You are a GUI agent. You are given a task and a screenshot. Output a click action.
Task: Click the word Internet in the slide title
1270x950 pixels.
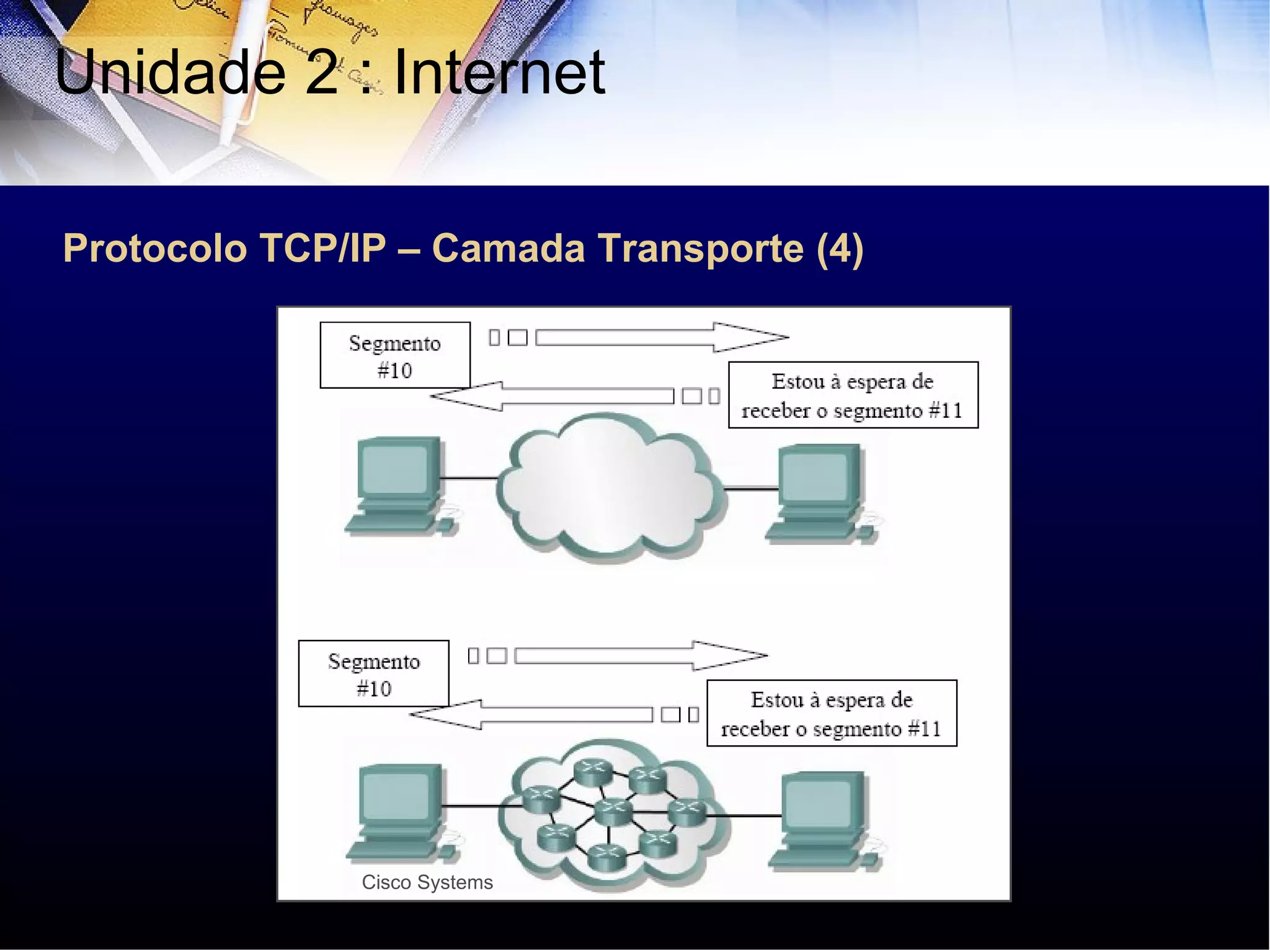tap(499, 73)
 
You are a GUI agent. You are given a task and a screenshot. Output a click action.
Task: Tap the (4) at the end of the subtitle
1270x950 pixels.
tap(840, 249)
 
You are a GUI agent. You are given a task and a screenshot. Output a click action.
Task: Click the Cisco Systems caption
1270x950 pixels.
tap(427, 882)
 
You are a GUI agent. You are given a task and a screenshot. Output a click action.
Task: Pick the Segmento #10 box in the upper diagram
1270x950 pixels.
tap(395, 355)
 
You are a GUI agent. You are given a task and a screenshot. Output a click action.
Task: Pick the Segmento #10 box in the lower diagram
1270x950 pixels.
tap(373, 673)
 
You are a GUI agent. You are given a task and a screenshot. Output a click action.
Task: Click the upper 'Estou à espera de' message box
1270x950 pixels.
tap(853, 395)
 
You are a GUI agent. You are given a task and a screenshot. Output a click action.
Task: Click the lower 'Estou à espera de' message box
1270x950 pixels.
tap(832, 713)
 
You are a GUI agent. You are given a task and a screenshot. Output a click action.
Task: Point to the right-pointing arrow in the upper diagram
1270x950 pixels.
tap(661, 337)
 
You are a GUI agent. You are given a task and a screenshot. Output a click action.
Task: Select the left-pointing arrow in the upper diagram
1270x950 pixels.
tap(552, 396)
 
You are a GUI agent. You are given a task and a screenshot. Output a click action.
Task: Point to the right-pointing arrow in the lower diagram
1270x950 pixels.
tap(640, 655)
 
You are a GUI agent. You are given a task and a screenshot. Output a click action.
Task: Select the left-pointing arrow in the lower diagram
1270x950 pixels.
tap(531, 714)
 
